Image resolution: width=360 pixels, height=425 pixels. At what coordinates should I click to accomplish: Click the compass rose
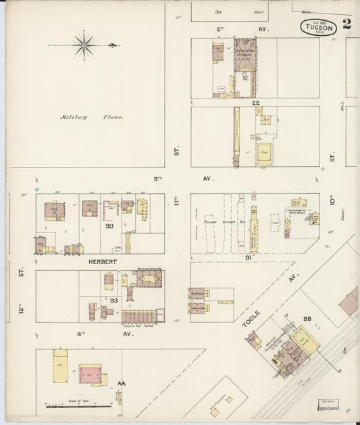point(84,46)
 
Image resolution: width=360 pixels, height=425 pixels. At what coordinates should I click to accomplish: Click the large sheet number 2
point(346,25)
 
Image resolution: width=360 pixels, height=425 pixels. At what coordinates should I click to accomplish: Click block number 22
point(256,103)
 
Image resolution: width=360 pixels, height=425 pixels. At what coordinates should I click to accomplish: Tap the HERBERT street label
point(100,260)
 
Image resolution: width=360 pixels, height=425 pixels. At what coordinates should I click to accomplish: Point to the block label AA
point(122,384)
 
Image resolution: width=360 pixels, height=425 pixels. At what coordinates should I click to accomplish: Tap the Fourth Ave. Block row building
point(144,316)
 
